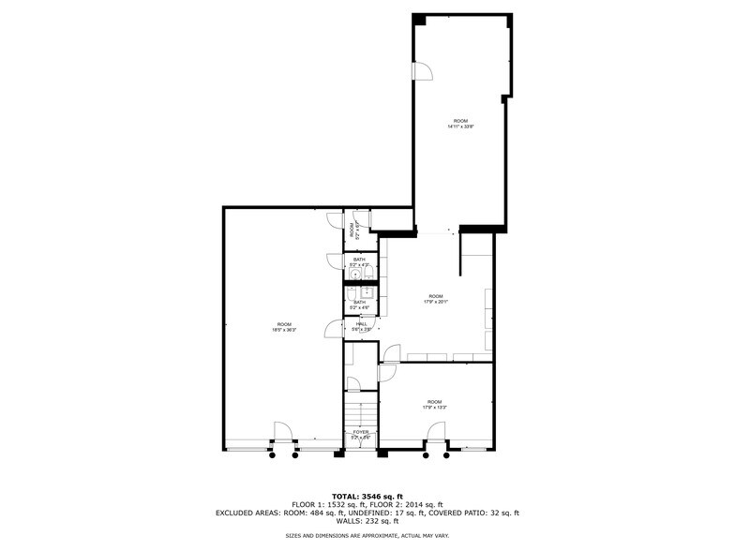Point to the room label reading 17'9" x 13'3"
(x=434, y=407)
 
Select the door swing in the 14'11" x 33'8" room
(x=422, y=70)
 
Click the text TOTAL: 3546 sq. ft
(x=367, y=496)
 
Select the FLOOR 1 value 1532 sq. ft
(x=343, y=504)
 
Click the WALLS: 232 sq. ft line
(x=367, y=521)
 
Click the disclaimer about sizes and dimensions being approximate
(x=367, y=535)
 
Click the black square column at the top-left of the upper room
(x=420, y=20)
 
